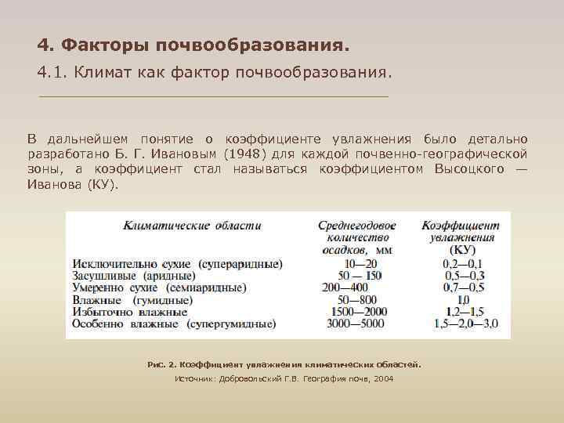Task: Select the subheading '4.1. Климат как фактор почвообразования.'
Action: [x=212, y=73]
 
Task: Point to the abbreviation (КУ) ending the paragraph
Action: [x=102, y=185]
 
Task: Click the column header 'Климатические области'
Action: [x=192, y=226]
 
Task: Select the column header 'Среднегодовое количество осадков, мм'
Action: [x=356, y=238]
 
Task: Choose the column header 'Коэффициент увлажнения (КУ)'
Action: [x=461, y=238]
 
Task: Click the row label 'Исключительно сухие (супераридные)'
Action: [x=177, y=264]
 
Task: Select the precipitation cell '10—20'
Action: [x=360, y=264]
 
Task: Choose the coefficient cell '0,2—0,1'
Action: [x=462, y=264]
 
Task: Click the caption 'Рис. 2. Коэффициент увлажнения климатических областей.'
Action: [x=284, y=365]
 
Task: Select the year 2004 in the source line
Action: [x=384, y=379]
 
